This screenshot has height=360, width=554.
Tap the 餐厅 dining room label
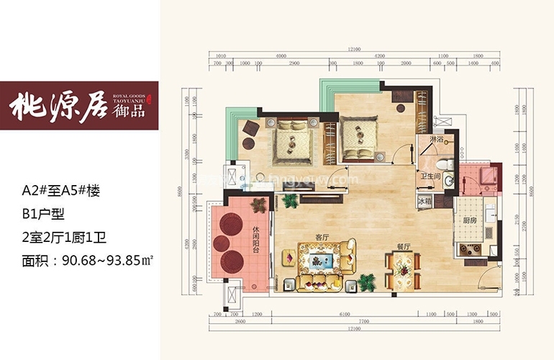click(x=402, y=246)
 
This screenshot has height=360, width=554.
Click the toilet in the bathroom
click(x=447, y=163)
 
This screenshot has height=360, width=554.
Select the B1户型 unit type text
click(x=45, y=213)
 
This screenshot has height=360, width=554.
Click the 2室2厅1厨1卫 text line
click(x=64, y=235)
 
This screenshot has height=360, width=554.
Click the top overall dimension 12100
click(x=352, y=48)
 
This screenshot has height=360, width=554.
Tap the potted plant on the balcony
click(x=258, y=204)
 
